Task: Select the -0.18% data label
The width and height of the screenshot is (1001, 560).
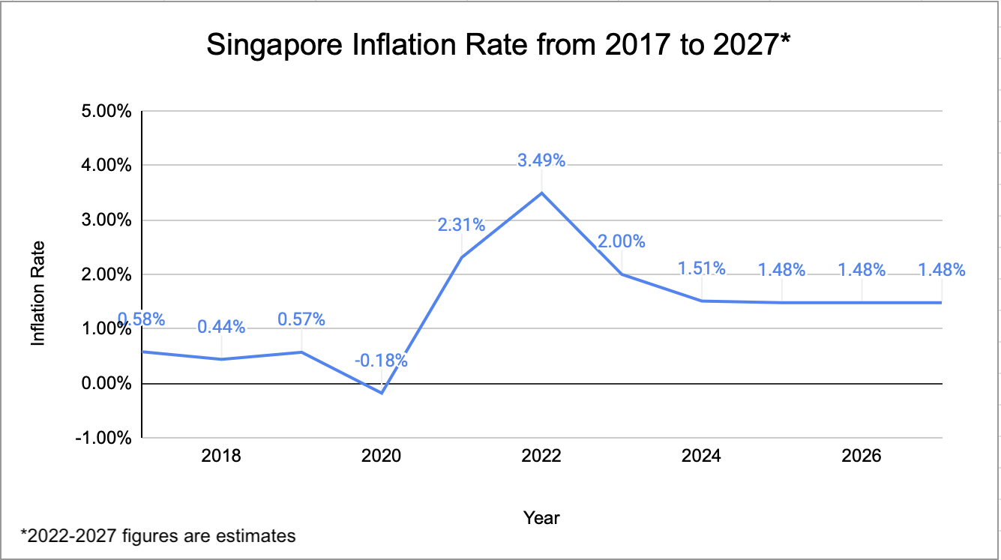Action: (382, 361)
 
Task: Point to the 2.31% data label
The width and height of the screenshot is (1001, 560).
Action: (461, 224)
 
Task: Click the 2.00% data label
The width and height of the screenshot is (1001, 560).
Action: (621, 241)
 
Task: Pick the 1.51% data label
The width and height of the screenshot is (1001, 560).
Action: (702, 268)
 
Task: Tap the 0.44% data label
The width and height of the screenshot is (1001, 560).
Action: (221, 326)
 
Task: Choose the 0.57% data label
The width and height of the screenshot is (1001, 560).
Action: (301, 319)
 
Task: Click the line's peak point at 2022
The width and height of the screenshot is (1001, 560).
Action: (541, 193)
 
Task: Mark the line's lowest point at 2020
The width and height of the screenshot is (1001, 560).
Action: (382, 393)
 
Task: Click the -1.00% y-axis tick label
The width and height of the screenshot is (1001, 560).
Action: (106, 438)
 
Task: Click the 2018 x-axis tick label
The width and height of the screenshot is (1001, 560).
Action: (221, 456)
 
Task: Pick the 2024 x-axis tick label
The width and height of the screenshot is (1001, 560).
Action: (702, 456)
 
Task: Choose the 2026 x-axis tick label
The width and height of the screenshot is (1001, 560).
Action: (862, 456)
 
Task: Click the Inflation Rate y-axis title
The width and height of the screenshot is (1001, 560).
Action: (37, 292)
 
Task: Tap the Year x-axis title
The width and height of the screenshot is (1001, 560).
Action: (541, 517)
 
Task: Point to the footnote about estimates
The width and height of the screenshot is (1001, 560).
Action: (158, 536)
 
